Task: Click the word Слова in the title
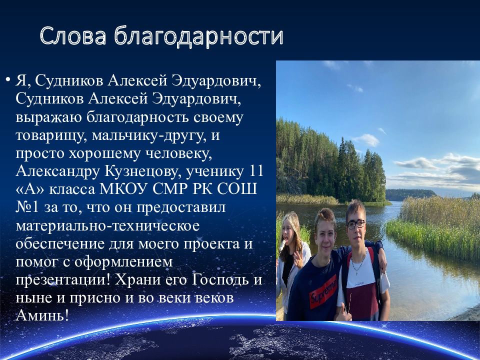[x=73, y=35]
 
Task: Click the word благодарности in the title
[x=199, y=36]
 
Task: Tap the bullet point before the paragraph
[x=7, y=80]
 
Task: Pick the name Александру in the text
[x=57, y=171]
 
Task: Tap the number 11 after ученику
[x=256, y=171]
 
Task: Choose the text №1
[x=27, y=207]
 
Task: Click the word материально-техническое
[x=107, y=225]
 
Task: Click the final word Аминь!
[x=42, y=315]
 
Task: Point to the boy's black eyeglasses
[x=356, y=224]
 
